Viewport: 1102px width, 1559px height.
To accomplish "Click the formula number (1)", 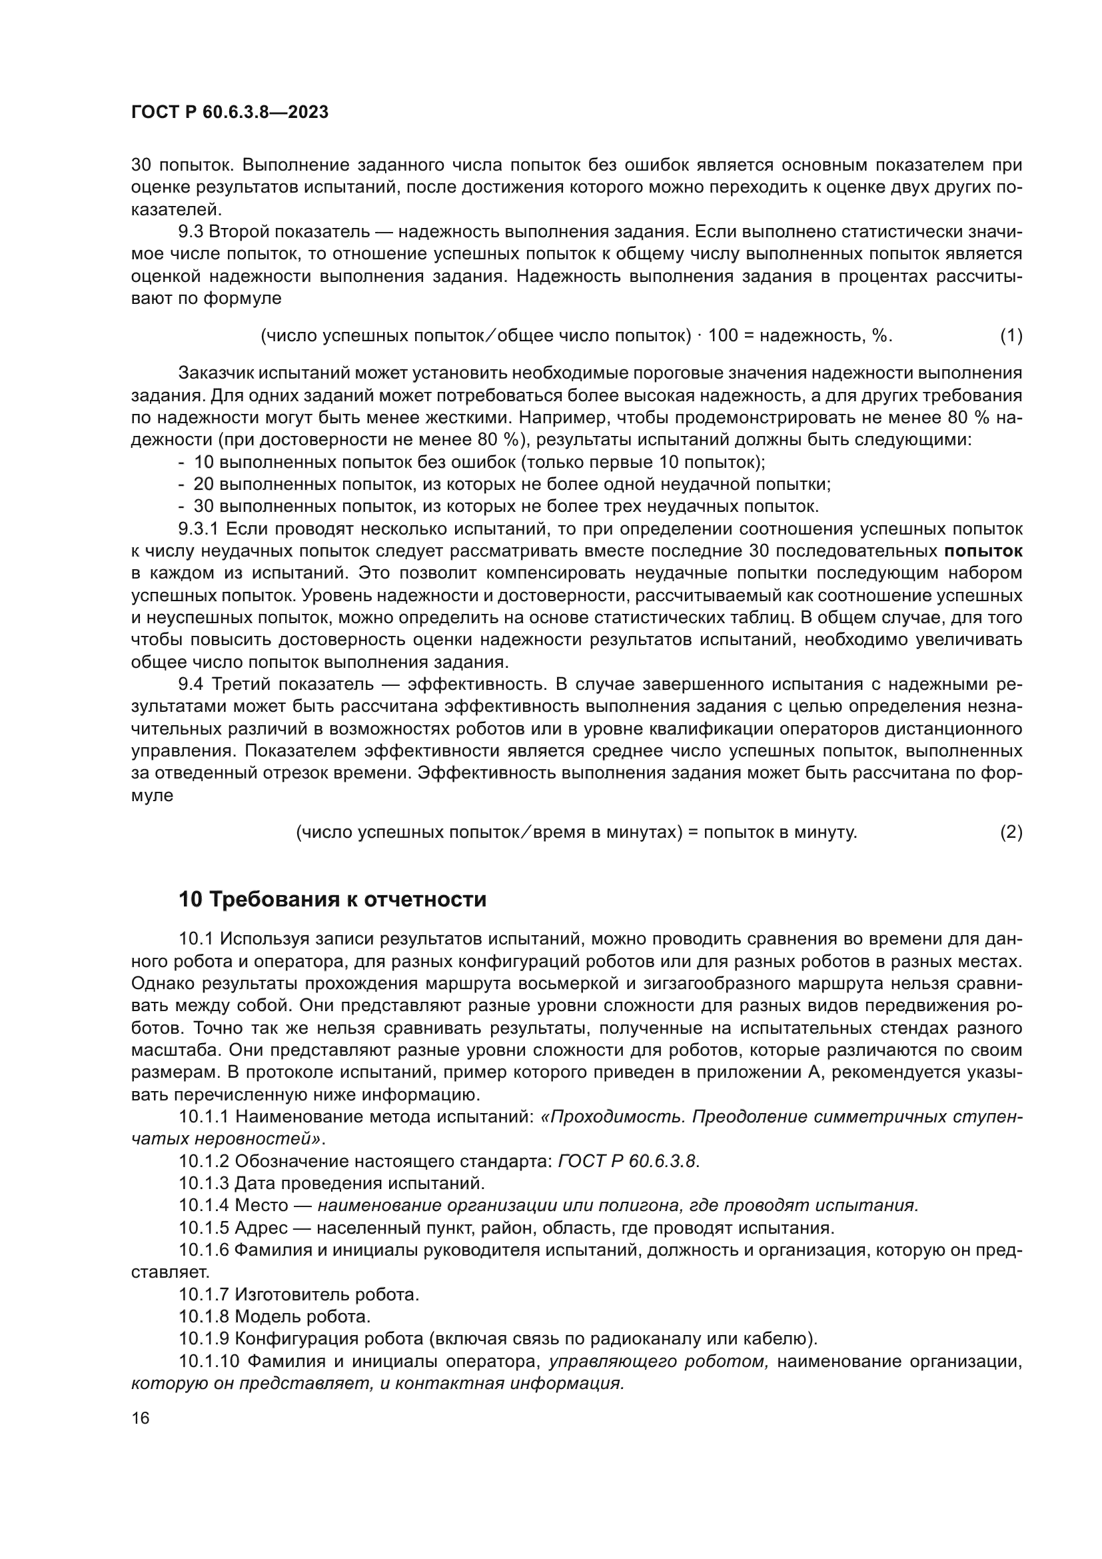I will [x=1011, y=335].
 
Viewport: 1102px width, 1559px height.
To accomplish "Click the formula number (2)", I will [x=1011, y=832].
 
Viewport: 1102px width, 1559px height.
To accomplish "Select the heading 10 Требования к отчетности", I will [x=332, y=900].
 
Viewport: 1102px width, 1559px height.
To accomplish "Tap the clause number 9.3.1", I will [x=199, y=529].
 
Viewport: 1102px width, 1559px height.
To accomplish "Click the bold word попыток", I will [x=983, y=551].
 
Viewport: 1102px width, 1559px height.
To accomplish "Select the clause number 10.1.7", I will [x=204, y=1295].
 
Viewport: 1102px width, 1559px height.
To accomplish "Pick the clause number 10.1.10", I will [x=209, y=1362].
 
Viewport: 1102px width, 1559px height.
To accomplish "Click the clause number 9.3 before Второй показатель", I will [x=191, y=232].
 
